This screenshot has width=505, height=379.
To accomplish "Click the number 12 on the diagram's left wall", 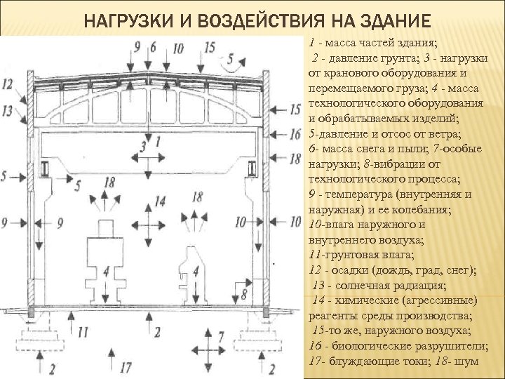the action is click(x=8, y=84).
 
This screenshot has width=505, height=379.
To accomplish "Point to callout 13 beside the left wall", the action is click(x=8, y=110).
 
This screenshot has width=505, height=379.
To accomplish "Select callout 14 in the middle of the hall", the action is click(x=161, y=201).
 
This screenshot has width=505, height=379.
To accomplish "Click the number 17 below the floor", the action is click(x=126, y=366).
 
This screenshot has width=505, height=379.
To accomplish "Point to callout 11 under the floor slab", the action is click(x=83, y=330).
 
